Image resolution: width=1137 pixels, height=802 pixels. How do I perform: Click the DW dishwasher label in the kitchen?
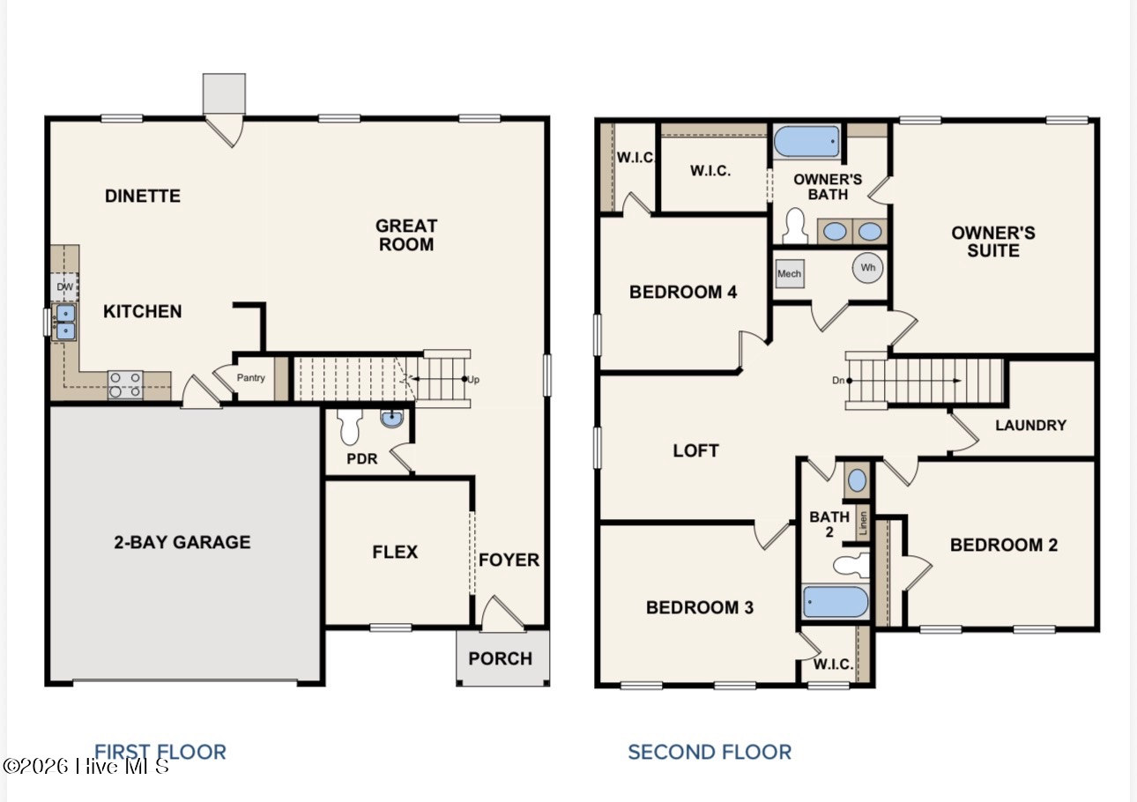pyautogui.click(x=65, y=286)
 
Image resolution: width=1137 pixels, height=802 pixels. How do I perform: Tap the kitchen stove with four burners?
pyautogui.click(x=125, y=385)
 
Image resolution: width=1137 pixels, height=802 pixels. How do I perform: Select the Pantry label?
pyautogui.click(x=250, y=378)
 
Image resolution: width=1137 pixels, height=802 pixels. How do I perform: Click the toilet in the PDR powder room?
pyautogui.click(x=350, y=427)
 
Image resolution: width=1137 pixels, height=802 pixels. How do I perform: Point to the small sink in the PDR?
pyautogui.click(x=392, y=419)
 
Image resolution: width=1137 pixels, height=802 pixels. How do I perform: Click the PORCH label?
pyautogui.click(x=500, y=658)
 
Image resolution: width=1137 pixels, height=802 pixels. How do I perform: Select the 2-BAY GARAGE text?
pyautogui.click(x=182, y=542)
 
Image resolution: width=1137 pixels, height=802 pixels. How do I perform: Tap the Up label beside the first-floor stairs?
pyautogui.click(x=473, y=380)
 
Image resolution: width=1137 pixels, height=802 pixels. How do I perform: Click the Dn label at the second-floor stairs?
pyautogui.click(x=838, y=380)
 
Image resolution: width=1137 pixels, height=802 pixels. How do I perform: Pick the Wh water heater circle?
pyautogui.click(x=867, y=268)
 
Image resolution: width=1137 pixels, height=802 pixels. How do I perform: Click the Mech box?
pyautogui.click(x=790, y=273)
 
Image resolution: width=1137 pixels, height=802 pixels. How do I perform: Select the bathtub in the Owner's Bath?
pyautogui.click(x=806, y=142)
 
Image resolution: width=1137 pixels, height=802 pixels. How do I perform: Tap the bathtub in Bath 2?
pyautogui.click(x=835, y=602)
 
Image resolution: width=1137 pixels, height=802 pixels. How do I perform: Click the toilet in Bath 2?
pyautogui.click(x=851, y=566)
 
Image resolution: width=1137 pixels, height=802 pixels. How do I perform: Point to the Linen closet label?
pyautogui.click(x=863, y=523)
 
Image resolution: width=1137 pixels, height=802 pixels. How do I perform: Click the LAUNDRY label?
pyautogui.click(x=1030, y=425)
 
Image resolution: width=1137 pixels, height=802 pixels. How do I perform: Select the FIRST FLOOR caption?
pyautogui.click(x=160, y=752)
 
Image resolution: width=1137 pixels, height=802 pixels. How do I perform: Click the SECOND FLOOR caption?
pyautogui.click(x=710, y=752)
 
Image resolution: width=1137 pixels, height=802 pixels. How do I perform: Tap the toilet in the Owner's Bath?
pyautogui.click(x=795, y=226)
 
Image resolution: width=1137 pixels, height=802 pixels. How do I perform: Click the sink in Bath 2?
pyautogui.click(x=857, y=480)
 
